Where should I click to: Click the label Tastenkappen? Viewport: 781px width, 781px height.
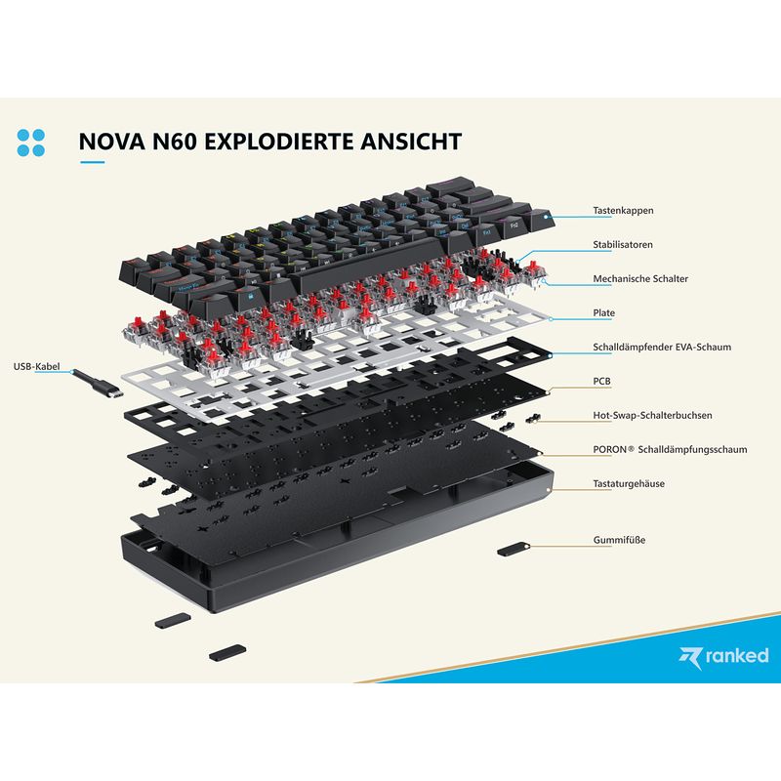[623, 210]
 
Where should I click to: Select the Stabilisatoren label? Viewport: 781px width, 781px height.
[622, 245]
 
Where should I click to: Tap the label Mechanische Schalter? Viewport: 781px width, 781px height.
[640, 279]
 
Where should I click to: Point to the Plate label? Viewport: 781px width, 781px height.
[603, 312]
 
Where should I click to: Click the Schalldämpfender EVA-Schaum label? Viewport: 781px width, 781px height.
[662, 348]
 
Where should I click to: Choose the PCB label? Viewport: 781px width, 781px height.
[601, 381]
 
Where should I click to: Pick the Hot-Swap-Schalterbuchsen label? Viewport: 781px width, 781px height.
[652, 416]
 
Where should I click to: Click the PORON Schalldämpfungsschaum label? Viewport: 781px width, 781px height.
[670, 449]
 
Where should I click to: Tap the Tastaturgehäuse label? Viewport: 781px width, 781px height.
[629, 483]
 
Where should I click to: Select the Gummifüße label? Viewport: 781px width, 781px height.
[619, 540]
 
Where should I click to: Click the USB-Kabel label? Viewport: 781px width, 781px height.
[36, 367]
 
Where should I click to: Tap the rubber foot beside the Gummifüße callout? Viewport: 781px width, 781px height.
[514, 549]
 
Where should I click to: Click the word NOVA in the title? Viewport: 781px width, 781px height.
[112, 141]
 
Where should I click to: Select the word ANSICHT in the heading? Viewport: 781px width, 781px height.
[411, 141]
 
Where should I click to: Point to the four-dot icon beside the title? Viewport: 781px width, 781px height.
[31, 143]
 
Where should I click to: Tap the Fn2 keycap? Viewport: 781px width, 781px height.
[513, 225]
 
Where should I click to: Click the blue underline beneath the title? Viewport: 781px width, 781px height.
[92, 162]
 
